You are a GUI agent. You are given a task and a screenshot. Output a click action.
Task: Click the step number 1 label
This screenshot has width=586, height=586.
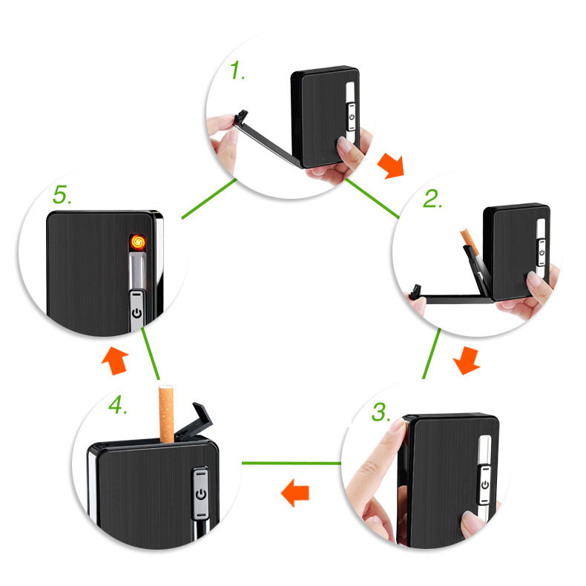click(238, 73)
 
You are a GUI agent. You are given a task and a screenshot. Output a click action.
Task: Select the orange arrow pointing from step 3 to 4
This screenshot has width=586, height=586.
click(296, 492)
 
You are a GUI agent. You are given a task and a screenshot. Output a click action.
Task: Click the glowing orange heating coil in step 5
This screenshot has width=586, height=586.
click(136, 240)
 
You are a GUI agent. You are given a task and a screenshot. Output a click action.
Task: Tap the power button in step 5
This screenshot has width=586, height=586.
click(136, 313)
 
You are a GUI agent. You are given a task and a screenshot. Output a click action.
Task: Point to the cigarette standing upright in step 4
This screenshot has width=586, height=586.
click(168, 413)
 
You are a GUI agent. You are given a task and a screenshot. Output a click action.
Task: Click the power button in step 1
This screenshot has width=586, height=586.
click(350, 114)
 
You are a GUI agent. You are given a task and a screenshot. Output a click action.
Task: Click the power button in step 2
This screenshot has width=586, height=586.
click(541, 252)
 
